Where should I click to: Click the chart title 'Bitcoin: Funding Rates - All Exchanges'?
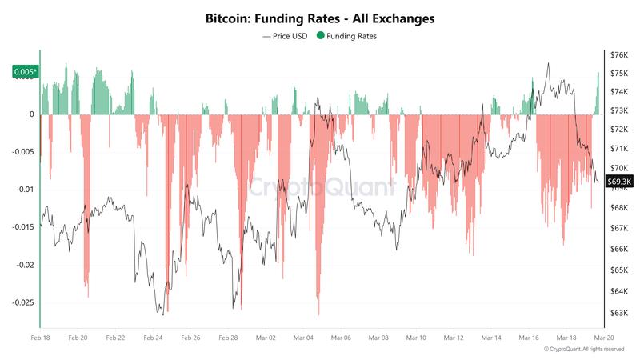click(x=320, y=18)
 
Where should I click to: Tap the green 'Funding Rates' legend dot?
click(x=321, y=36)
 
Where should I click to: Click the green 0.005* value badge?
click(x=24, y=72)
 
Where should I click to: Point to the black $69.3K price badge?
click(x=619, y=181)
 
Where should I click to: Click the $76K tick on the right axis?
click(x=618, y=55)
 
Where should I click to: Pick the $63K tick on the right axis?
click(x=618, y=313)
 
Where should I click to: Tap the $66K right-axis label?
click(x=618, y=250)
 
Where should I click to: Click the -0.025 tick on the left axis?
click(x=22, y=302)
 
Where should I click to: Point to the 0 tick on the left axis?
click(x=32, y=114)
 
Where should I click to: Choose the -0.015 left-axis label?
click(x=22, y=227)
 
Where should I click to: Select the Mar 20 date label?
click(x=603, y=338)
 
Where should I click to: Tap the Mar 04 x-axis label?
click(x=303, y=338)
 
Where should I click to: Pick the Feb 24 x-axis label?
click(x=153, y=338)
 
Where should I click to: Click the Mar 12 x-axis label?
click(x=454, y=338)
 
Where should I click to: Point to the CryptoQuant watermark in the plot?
click(x=320, y=187)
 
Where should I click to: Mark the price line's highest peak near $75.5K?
click(x=548, y=63)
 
